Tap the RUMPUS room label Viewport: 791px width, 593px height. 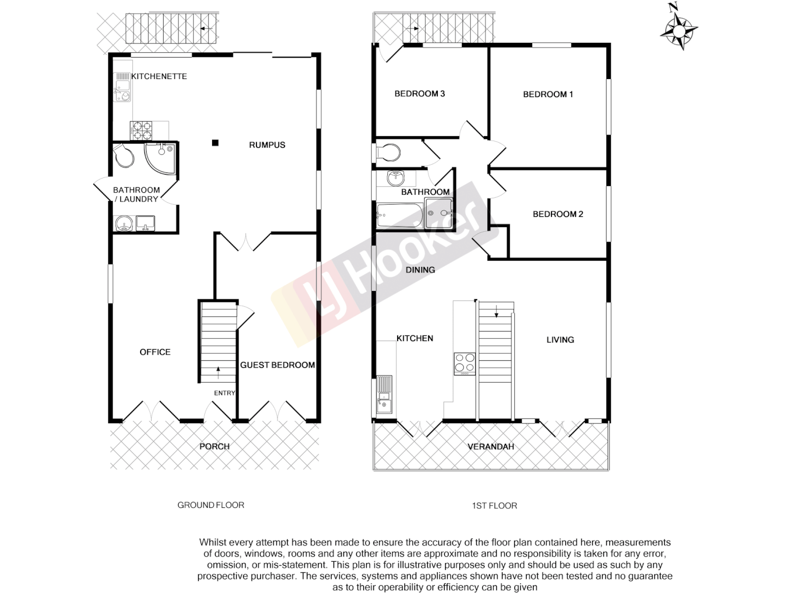point(267,145)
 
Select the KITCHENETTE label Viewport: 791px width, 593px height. point(159,76)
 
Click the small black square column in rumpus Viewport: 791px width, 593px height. point(215,143)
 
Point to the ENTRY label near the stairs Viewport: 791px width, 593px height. point(224,393)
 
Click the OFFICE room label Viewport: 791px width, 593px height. point(155,352)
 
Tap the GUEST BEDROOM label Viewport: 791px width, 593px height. point(277,365)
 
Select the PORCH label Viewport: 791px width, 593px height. point(214,446)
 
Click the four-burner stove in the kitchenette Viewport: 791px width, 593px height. point(141,131)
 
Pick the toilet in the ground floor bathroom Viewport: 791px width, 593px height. point(125,155)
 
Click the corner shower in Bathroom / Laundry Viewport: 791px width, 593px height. point(160,157)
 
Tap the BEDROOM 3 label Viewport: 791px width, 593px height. point(420,94)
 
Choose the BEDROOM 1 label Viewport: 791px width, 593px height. point(548,94)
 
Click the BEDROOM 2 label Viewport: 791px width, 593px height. point(558,214)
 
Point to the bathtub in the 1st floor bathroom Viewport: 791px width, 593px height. point(399,216)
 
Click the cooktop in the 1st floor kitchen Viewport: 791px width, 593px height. point(464,363)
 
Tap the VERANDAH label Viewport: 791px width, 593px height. point(491,446)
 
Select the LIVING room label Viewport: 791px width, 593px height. point(560,340)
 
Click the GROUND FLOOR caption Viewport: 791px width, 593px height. point(210,505)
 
